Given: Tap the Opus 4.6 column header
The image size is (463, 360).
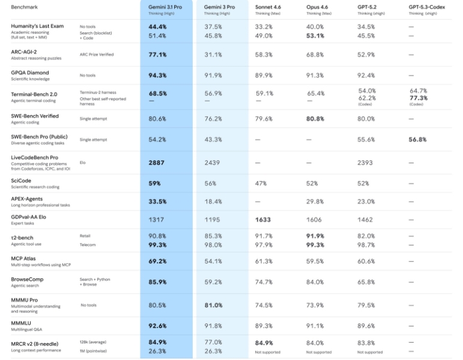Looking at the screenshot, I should click(319, 7).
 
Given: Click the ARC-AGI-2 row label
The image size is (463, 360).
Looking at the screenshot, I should click(25, 52).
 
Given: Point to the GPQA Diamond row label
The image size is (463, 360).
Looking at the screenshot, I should click(30, 73).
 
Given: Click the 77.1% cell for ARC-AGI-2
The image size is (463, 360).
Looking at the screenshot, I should click(157, 55).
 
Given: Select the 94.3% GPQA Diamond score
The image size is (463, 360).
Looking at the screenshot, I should click(157, 76).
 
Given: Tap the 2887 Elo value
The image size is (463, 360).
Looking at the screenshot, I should click(156, 163).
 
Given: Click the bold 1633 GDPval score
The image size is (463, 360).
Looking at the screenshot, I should click(263, 220).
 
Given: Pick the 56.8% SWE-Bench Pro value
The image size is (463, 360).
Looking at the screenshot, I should click(418, 139).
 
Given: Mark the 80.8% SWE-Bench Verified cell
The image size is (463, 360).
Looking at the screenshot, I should click(316, 119).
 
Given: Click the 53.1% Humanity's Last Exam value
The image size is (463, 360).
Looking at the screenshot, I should click(316, 35).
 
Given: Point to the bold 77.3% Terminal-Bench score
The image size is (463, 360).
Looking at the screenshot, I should click(418, 98).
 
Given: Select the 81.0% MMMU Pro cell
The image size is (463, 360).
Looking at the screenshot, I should click(214, 305).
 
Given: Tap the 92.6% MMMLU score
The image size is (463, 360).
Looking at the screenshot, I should click(157, 326).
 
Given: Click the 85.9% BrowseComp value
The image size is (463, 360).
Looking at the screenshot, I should click(157, 282).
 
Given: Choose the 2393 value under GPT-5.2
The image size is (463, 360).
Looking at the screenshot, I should click(366, 163).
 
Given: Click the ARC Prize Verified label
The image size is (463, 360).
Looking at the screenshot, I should click(94, 55).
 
